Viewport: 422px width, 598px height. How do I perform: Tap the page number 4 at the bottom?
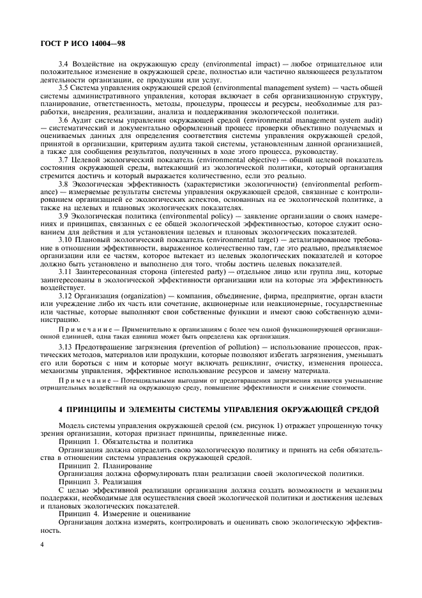point(41,544)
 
